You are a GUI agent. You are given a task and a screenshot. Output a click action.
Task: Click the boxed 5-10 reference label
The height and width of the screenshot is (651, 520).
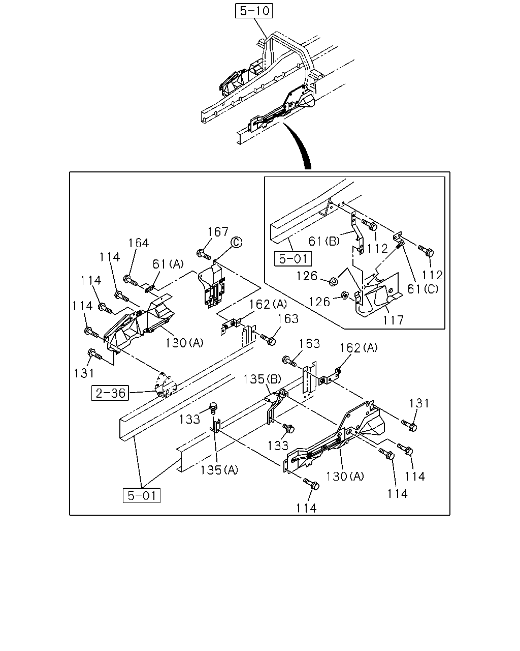[253, 11]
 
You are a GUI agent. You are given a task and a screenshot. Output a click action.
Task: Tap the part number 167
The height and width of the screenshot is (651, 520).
[217, 232]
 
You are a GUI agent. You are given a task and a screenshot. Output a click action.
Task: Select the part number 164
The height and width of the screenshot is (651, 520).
[139, 243]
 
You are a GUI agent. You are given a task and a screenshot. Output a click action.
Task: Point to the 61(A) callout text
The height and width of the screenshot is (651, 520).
[168, 264]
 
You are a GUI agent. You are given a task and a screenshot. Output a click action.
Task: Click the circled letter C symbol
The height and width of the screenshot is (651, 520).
[236, 242]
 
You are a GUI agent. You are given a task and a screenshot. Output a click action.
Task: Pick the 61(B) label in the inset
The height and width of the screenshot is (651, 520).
[324, 241]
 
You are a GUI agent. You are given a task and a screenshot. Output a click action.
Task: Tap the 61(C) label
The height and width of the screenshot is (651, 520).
[422, 289]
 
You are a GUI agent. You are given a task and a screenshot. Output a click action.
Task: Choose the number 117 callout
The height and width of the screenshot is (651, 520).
[393, 320]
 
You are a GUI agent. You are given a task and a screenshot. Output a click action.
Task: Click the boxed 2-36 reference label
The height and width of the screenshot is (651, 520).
[110, 393]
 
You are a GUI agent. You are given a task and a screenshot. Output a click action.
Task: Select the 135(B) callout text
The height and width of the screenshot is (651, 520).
[262, 379]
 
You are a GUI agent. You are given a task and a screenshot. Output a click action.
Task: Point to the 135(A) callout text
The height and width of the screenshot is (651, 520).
[219, 470]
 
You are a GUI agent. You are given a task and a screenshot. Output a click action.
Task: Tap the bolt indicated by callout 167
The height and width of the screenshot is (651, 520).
[203, 254]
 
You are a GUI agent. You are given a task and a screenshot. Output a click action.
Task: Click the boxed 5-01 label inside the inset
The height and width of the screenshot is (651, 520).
[293, 259]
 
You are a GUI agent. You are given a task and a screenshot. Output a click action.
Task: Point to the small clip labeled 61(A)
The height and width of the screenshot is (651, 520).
[150, 288]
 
